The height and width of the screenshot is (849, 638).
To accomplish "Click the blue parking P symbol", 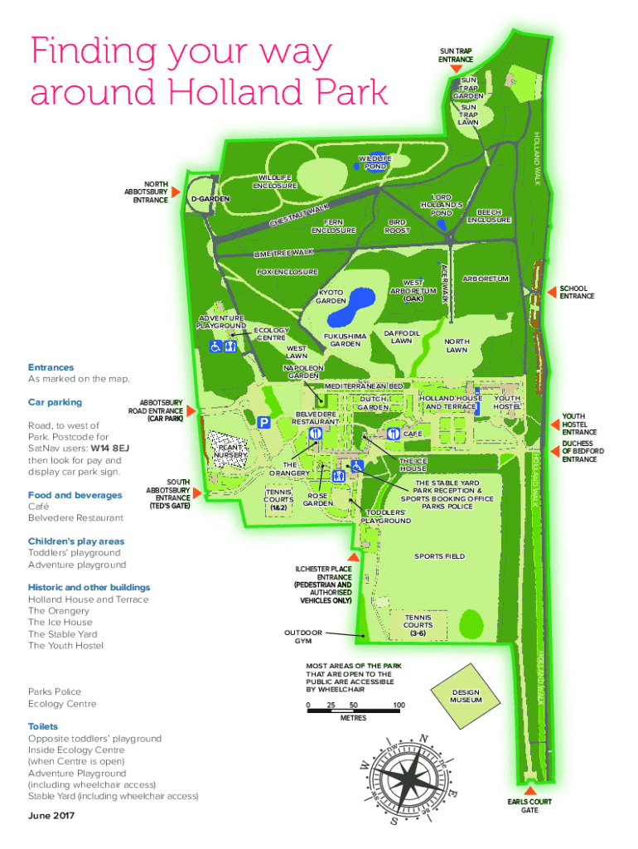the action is (263, 422).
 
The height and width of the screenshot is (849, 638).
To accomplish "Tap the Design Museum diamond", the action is (466, 696).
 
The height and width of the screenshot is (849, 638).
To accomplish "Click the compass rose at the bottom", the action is (410, 779).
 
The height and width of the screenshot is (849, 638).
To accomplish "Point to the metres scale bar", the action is (353, 711).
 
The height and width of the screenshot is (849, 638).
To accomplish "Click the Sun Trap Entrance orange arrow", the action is (457, 68).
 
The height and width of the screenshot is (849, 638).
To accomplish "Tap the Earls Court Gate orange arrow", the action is (529, 790).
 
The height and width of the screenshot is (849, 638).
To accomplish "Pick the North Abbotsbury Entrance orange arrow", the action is (176, 192).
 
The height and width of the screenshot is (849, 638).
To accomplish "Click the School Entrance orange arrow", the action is (552, 292).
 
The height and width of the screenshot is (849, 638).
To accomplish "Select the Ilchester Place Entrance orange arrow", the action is (353, 557).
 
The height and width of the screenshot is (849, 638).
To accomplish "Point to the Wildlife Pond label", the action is (375, 162).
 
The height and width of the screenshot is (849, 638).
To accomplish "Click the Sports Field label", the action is (439, 556).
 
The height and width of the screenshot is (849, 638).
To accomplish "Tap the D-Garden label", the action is (210, 199).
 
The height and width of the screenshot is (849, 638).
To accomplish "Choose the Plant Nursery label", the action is (230, 451).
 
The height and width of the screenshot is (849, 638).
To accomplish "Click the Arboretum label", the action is (486, 279).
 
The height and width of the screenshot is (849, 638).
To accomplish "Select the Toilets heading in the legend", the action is (43, 726).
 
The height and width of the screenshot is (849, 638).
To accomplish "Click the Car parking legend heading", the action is (56, 402).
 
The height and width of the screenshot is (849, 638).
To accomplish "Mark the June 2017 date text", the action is (51, 816).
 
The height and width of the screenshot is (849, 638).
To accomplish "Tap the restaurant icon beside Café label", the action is (394, 433).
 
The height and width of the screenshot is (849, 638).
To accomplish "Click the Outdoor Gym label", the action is (303, 637).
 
